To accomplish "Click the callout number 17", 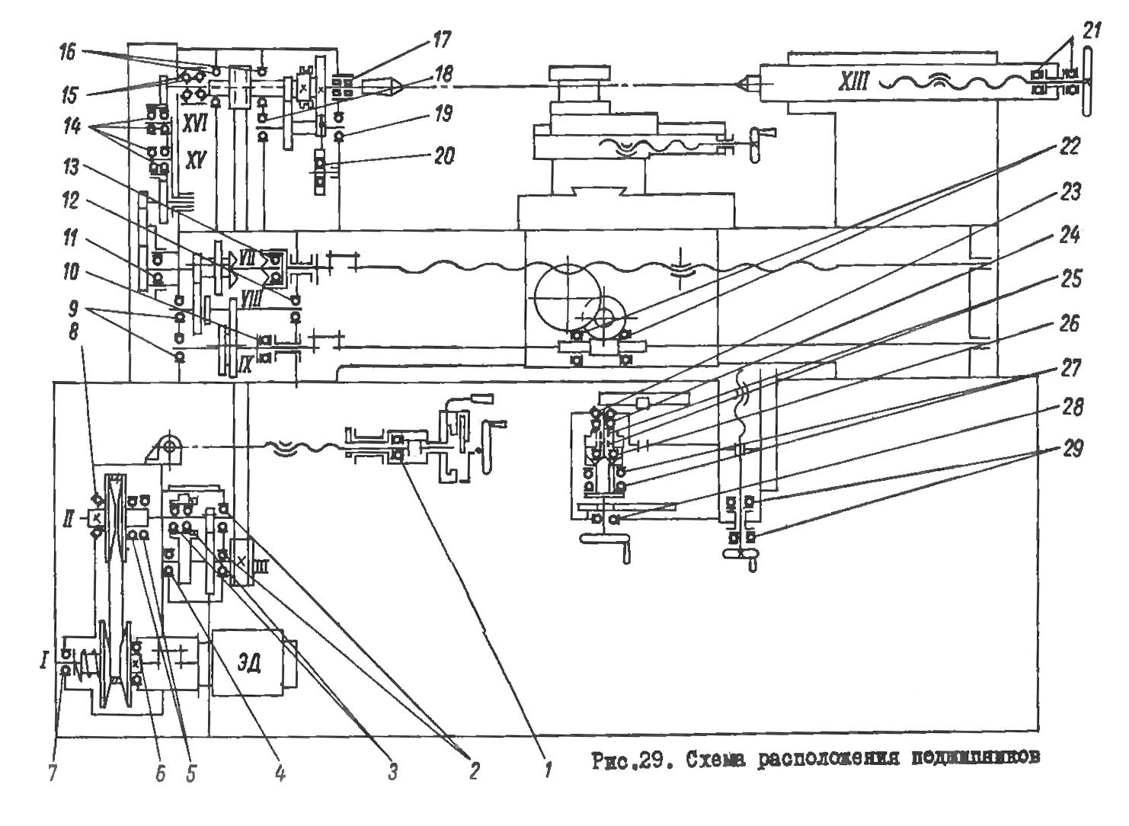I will point(441,39).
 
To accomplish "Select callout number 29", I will point(1073,450).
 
